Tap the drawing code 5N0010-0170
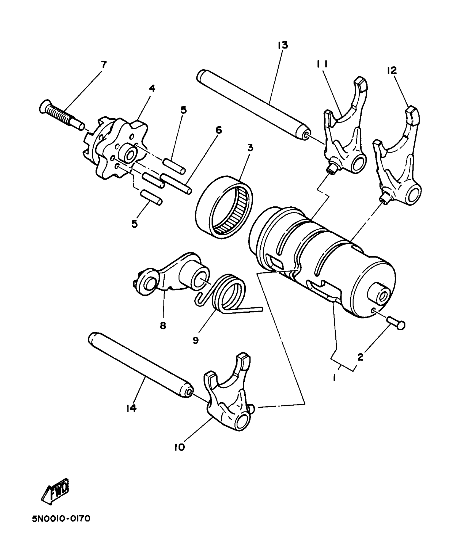[61, 526]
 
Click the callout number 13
[283, 45]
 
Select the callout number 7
[103, 65]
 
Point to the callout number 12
[392, 71]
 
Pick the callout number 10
[180, 447]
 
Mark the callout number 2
[360, 357]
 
